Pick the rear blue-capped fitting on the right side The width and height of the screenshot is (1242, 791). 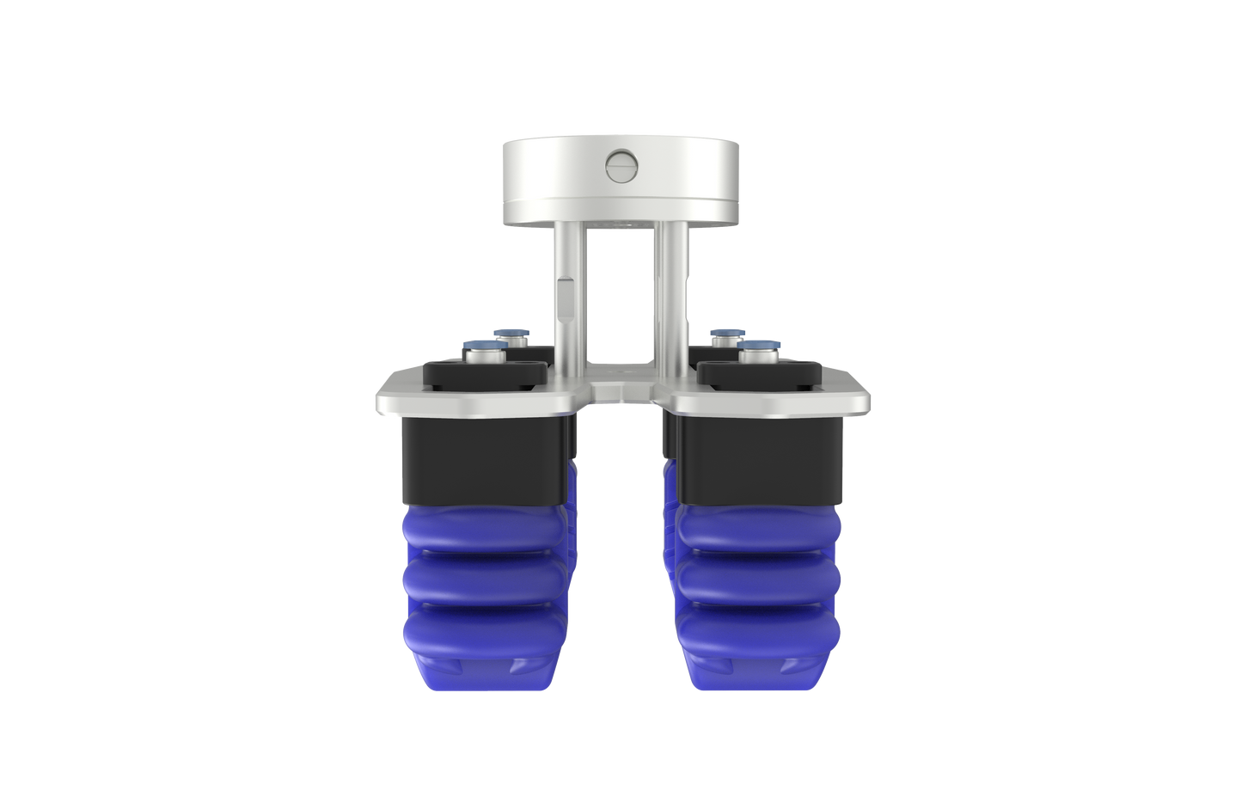pyautogui.click(x=726, y=334)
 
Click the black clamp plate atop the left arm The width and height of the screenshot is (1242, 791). pyautogui.click(x=486, y=375)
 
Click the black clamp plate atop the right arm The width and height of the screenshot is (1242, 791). pyautogui.click(x=756, y=375)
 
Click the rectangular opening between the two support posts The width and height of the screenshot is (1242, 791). pyautogui.click(x=621, y=292)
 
